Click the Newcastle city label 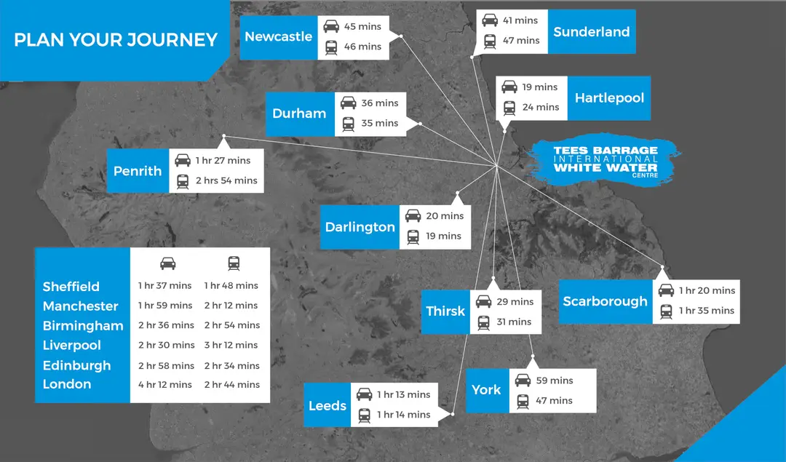point(278,36)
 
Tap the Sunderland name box point(592,31)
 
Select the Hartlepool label point(609,97)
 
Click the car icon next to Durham point(349,103)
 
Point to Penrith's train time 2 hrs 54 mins point(226,180)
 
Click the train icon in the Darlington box point(413,236)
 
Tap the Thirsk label point(445,311)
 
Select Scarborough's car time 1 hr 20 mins point(707,290)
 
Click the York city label point(486,390)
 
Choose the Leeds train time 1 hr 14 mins point(403,415)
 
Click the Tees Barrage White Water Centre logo point(606,161)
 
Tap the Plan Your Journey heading point(116,40)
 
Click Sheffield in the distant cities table point(71,287)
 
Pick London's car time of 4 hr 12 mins point(165,385)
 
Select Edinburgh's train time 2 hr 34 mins point(232,366)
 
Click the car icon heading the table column point(168,263)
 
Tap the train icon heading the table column point(234,263)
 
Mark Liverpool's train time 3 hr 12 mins point(232,346)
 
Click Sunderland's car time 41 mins point(520,20)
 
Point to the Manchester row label point(80,306)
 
